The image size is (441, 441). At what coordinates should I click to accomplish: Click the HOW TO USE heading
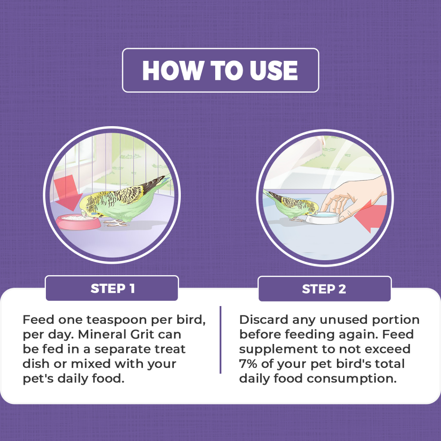click(220, 70)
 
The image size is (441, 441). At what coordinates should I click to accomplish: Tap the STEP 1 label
click(112, 288)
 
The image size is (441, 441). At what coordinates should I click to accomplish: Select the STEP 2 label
click(324, 289)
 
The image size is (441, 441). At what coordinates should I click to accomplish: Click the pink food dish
click(78, 222)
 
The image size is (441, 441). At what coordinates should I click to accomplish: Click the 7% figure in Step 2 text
click(248, 364)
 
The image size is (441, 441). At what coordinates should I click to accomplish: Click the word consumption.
click(351, 379)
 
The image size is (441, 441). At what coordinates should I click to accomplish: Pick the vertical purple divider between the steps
click(220, 340)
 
